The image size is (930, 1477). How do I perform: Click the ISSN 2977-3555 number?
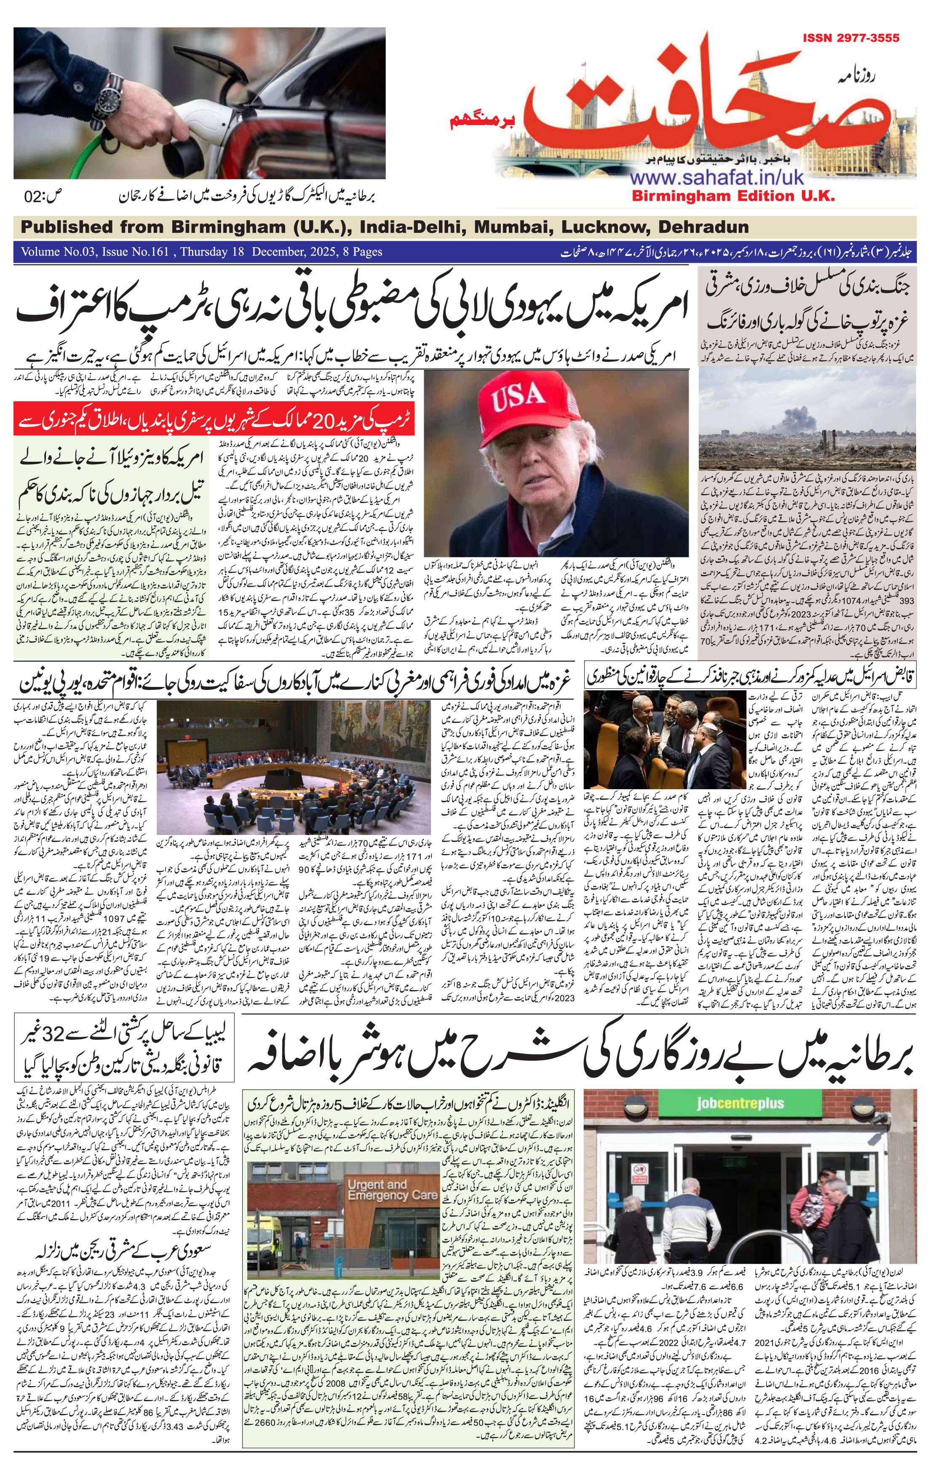click(x=851, y=38)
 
